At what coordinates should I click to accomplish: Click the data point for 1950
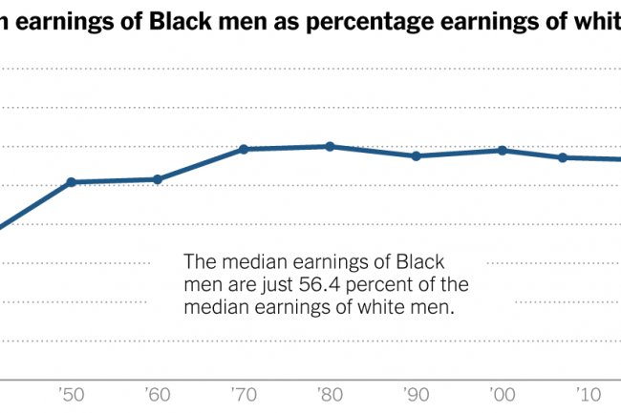(x=71, y=182)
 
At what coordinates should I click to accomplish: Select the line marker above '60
(x=157, y=179)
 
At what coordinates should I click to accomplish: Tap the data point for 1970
(x=243, y=150)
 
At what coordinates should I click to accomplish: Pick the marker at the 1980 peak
(x=330, y=146)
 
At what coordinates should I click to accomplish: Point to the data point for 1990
(x=416, y=155)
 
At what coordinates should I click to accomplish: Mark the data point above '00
(x=502, y=151)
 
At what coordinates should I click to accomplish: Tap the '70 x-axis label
(x=243, y=393)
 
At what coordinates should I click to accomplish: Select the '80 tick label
(x=330, y=393)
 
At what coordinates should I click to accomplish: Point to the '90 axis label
(x=416, y=393)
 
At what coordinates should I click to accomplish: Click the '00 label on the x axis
(x=502, y=393)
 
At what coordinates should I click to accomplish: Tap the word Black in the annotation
(x=421, y=261)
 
